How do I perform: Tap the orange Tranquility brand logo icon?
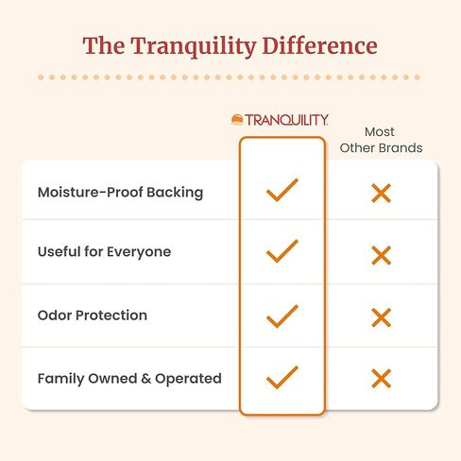(x=238, y=120)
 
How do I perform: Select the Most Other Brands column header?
(x=380, y=140)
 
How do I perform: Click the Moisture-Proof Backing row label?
(x=120, y=192)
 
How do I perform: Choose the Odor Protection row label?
(x=93, y=316)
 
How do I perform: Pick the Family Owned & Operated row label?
(x=129, y=378)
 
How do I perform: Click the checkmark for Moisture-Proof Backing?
(x=282, y=190)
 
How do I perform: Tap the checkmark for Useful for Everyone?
(x=282, y=251)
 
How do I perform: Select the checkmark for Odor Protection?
(x=282, y=315)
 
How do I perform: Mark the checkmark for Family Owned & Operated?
(x=282, y=377)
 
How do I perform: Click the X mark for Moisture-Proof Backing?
(x=381, y=194)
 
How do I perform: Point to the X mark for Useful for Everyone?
(x=381, y=255)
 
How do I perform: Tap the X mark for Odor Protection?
(x=381, y=317)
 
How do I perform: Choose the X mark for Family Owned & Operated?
(x=381, y=379)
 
